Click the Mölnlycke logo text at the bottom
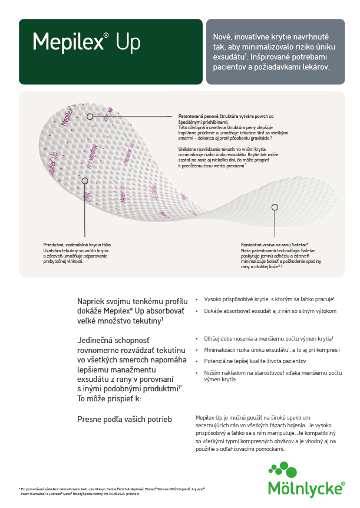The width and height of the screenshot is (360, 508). click(306, 489)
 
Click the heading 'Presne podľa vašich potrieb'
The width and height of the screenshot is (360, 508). click(124, 419)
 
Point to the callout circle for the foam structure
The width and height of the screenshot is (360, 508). click(90, 117)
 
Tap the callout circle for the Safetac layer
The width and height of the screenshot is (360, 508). click(274, 207)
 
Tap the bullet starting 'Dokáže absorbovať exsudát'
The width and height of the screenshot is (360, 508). click(270, 311)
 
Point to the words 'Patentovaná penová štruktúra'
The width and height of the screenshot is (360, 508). click(200, 117)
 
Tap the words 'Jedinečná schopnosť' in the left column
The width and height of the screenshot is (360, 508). click(113, 340)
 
